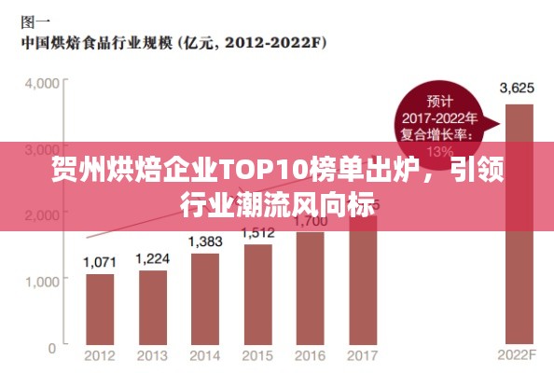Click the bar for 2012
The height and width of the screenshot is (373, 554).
click(99, 309)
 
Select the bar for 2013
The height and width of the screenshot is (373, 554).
click(152, 305)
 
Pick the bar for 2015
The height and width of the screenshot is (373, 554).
click(257, 294)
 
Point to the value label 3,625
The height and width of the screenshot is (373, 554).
click(517, 89)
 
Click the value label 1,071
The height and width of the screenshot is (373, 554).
click(99, 263)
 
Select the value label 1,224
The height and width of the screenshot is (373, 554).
click(152, 258)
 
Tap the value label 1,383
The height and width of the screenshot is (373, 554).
click(204, 242)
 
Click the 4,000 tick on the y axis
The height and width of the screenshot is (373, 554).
click(42, 83)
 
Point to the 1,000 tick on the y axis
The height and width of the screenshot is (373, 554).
click(42, 281)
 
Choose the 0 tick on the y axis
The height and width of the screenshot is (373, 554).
click(52, 347)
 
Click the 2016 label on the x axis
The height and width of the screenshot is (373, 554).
click(310, 355)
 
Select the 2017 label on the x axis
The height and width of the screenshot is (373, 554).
click(362, 355)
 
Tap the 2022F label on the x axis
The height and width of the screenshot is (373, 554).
click(518, 355)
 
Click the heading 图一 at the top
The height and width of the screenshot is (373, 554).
click(35, 20)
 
